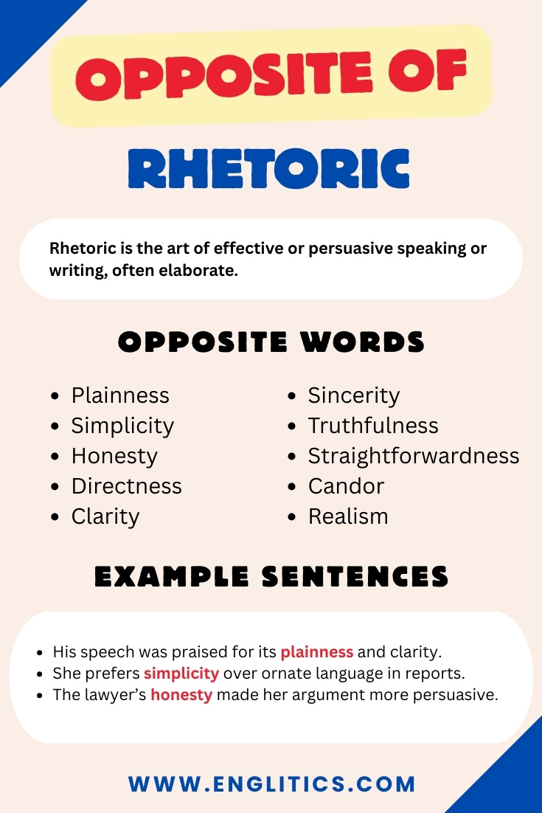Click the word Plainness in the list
[x=120, y=395]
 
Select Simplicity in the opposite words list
[x=122, y=426]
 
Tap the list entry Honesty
[x=114, y=456]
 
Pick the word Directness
[x=126, y=486]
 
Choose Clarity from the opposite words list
[x=105, y=516]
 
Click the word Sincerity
[x=354, y=395]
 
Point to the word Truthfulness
[x=373, y=426]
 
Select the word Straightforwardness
[x=414, y=456]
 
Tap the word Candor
[x=346, y=486]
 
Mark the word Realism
[x=348, y=516]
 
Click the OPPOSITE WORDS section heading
[x=271, y=342]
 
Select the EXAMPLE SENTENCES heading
[x=271, y=577]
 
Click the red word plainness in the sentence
[x=317, y=652]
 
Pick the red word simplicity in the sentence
[x=181, y=674]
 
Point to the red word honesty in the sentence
[x=181, y=695]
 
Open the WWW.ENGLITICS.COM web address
[x=272, y=783]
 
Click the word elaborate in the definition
[x=202, y=271]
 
